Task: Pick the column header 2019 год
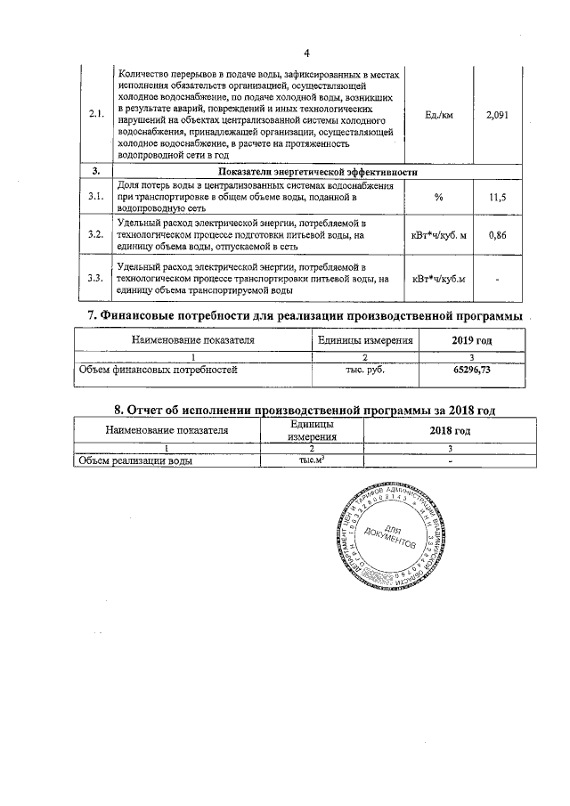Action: pos(471,340)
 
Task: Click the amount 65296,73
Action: pos(471,370)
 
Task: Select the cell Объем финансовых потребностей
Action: pos(159,370)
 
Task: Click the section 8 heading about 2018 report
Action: pos(304,410)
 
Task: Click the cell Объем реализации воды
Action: pos(137,460)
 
